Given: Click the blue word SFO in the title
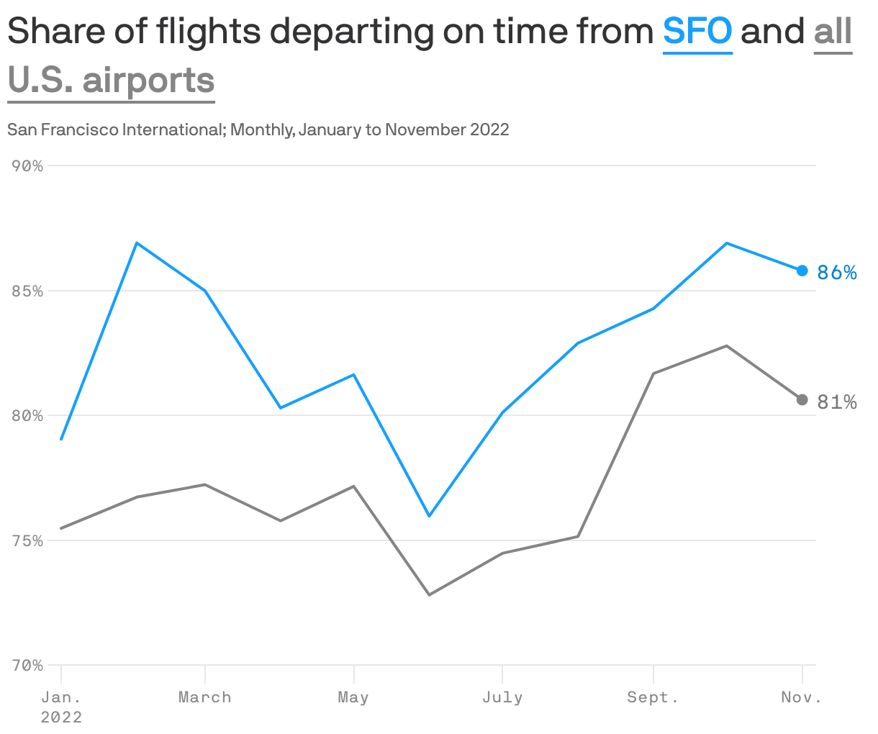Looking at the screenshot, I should [697, 32].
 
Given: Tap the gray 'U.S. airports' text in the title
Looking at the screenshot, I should [112, 80].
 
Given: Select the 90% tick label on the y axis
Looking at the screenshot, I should [28, 166].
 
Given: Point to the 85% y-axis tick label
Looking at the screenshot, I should [28, 291].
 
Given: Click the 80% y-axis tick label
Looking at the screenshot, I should [28, 416].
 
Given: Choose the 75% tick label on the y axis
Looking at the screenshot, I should [28, 540].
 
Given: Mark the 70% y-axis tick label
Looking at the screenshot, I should [28, 666].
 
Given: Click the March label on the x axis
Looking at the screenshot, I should [205, 697].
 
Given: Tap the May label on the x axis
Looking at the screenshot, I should [353, 697].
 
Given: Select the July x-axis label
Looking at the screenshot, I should [502, 697].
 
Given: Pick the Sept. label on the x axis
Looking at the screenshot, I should [653, 697].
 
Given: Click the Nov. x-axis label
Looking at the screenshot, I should [801, 697].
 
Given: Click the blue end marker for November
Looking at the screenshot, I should [802, 271].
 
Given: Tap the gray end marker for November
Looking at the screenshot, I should [802, 399].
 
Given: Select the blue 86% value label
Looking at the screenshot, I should [837, 273].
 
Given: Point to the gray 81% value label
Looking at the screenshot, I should [837, 402].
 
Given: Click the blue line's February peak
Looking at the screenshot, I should [137, 243].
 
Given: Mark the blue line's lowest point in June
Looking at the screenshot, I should [429, 516].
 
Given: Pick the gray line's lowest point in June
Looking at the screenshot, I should [429, 594].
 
